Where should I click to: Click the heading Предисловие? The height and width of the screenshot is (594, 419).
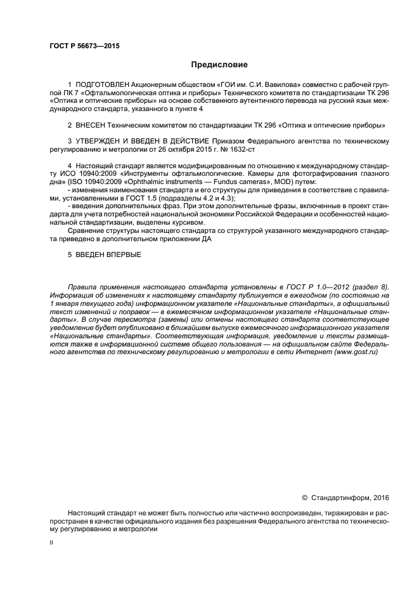pos(219,65)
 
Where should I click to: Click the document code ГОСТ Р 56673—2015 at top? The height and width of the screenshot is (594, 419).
pos(84,46)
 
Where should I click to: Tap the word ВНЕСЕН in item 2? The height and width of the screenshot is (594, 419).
pos(92,124)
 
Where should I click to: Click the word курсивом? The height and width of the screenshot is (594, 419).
pos(189,223)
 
